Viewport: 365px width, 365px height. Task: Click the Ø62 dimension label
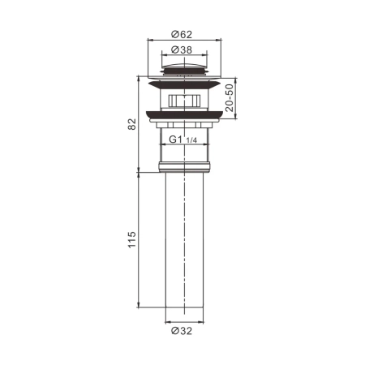pos(182,36)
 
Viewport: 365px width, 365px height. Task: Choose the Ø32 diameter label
pos(182,330)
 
